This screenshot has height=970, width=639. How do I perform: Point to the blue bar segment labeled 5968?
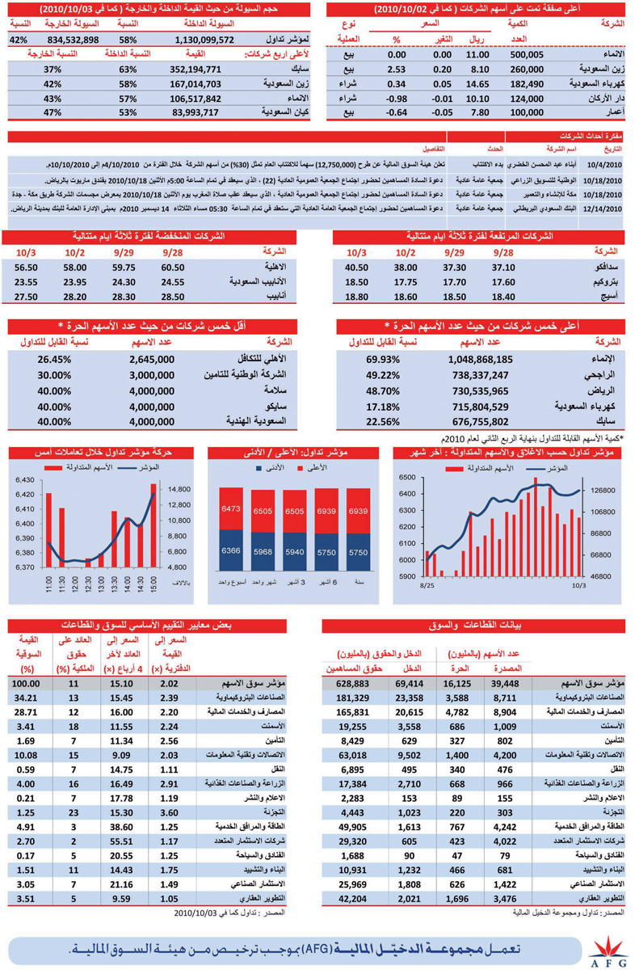(x=262, y=552)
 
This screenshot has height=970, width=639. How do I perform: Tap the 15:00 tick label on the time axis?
(x=153, y=583)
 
